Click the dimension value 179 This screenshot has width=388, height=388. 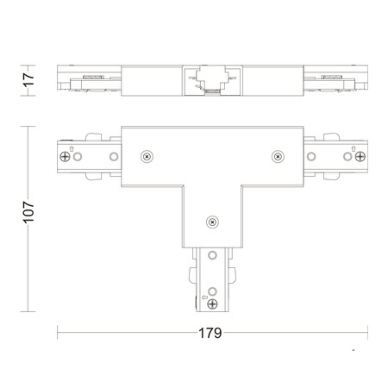point(210,333)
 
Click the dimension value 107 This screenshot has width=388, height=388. point(28,212)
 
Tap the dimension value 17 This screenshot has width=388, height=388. point(28,80)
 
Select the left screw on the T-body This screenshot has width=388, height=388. point(147,157)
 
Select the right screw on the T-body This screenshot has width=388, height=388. point(278,157)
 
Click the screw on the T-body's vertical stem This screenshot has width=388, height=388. point(212,222)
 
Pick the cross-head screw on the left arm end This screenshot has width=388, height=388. point(65,157)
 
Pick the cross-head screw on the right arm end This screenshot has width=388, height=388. point(360,157)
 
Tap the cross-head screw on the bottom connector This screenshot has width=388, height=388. point(212,304)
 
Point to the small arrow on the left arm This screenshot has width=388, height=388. point(72,148)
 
